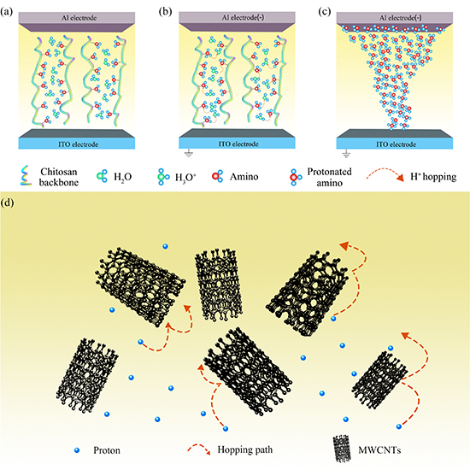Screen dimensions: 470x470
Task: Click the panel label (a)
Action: click(6, 12)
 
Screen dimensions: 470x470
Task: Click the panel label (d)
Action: click(7, 203)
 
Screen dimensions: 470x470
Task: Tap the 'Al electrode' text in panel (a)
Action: click(79, 18)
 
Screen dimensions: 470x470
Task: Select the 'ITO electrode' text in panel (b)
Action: click(238, 144)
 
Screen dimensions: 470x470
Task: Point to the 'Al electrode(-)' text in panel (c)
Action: click(401, 18)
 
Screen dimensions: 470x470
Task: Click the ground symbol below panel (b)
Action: click(189, 154)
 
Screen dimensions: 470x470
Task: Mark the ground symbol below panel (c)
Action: click(346, 154)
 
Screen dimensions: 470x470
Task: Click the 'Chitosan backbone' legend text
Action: click(59, 177)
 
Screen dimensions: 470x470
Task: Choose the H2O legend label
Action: click(122, 177)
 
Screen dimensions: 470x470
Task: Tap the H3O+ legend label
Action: click(185, 177)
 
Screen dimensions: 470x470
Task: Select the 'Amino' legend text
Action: click(244, 177)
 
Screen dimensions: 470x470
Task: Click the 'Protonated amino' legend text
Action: click(329, 177)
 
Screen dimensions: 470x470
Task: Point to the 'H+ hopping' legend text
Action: click(433, 177)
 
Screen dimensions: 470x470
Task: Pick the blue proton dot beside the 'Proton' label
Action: click(77, 449)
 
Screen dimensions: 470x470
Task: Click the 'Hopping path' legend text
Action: click(245, 449)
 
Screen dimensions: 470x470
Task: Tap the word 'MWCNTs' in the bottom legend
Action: click(379, 449)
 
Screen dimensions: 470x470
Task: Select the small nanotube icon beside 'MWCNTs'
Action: click(342, 449)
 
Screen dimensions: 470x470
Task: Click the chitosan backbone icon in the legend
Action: click(26, 176)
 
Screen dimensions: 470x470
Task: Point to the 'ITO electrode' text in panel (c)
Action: click(396, 144)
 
